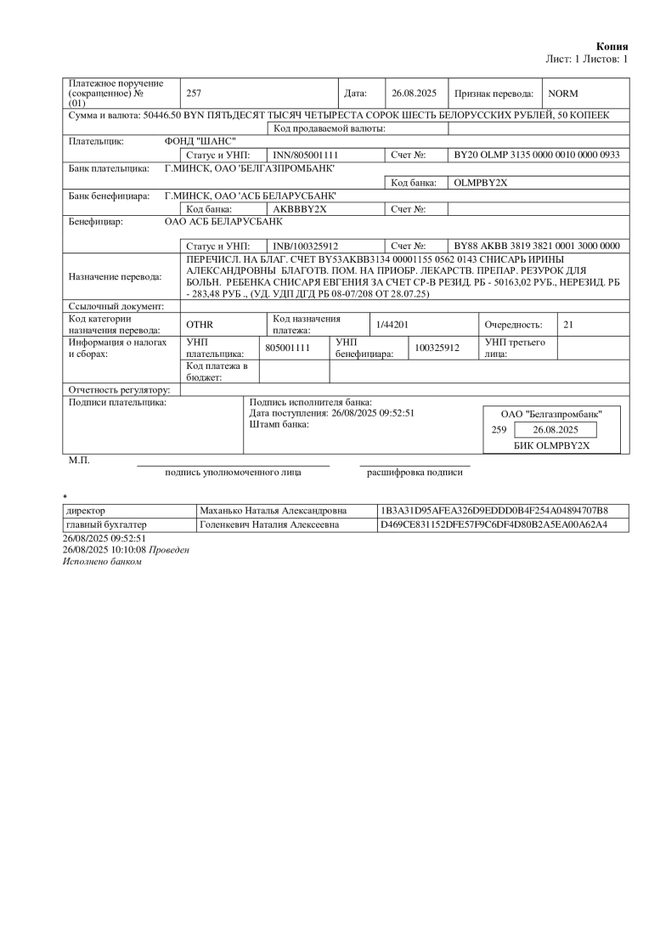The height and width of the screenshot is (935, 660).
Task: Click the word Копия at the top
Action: pos(612,46)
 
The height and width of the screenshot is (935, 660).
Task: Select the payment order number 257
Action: pos(193,93)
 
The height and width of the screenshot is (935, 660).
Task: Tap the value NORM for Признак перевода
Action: pos(562,93)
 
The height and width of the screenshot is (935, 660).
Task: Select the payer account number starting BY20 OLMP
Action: pos(537,156)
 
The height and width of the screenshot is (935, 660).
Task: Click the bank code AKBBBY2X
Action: pos(300,208)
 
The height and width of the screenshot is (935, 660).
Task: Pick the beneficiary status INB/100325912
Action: pos(306,246)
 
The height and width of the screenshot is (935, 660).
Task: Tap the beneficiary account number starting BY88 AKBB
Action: pos(537,246)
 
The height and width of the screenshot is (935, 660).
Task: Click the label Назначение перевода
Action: pos(115,276)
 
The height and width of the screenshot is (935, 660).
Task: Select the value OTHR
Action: pos(199,325)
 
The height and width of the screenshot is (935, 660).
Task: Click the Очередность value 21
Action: pos(568,325)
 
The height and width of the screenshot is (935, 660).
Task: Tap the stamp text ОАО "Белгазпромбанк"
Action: pos(551,414)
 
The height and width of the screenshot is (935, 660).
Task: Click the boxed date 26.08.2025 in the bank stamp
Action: pos(556,430)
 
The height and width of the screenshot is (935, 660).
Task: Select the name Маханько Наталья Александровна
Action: pos(273,511)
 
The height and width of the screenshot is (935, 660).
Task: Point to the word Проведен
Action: pos(169,550)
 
